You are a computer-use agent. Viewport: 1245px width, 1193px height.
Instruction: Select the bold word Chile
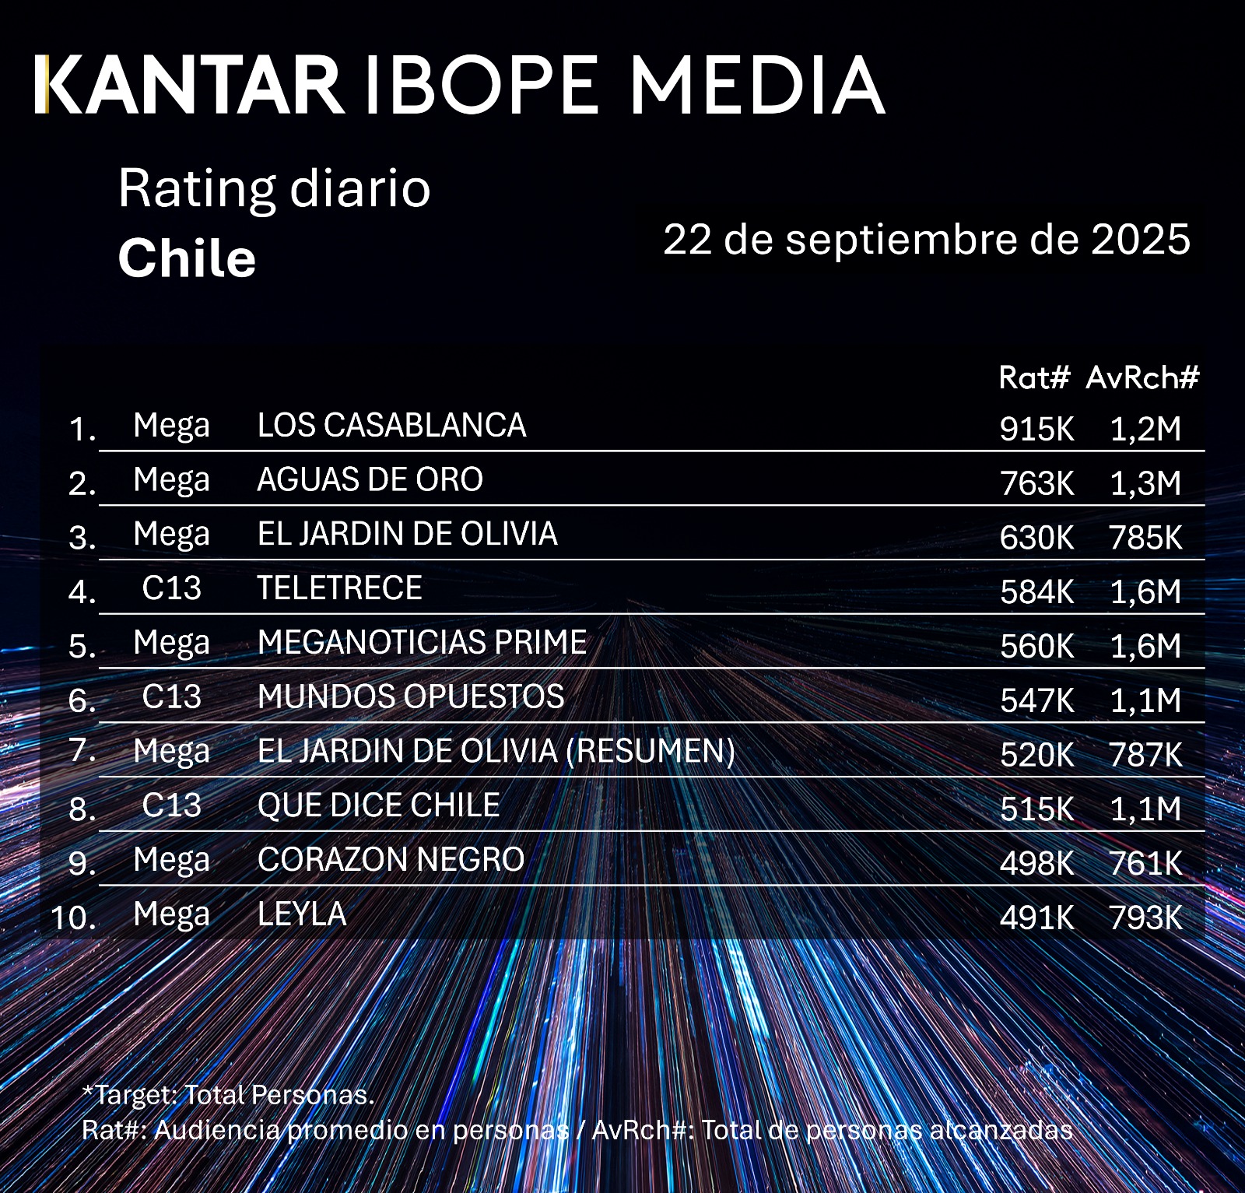pyautogui.click(x=187, y=258)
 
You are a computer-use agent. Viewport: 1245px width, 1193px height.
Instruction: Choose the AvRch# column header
pyautogui.click(x=1142, y=378)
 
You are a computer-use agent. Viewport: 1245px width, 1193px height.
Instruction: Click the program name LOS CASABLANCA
pyautogui.click(x=391, y=426)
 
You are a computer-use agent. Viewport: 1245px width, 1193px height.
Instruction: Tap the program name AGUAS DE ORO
pyautogui.click(x=370, y=480)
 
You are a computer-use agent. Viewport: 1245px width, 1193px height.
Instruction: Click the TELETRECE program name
pyautogui.click(x=339, y=588)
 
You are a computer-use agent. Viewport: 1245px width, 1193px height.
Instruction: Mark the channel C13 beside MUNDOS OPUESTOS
pyautogui.click(x=171, y=697)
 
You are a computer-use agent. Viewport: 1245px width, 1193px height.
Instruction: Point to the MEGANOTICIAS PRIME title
pyautogui.click(x=422, y=643)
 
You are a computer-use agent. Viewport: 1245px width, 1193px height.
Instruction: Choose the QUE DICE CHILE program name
pyautogui.click(x=378, y=805)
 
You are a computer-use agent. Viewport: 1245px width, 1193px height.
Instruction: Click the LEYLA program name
pyautogui.click(x=301, y=914)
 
